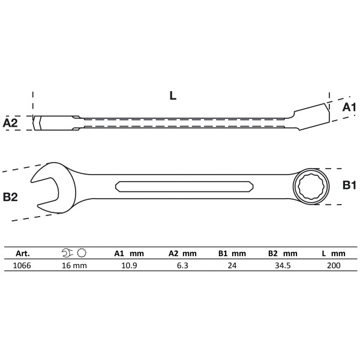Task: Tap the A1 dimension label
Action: point(349,107)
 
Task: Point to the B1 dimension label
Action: point(350,185)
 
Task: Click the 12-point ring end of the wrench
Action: point(310,186)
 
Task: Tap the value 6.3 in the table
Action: point(179,264)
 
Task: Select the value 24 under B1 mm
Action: point(231,264)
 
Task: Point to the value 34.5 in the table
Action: point(283,264)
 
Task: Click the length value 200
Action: point(334,264)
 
